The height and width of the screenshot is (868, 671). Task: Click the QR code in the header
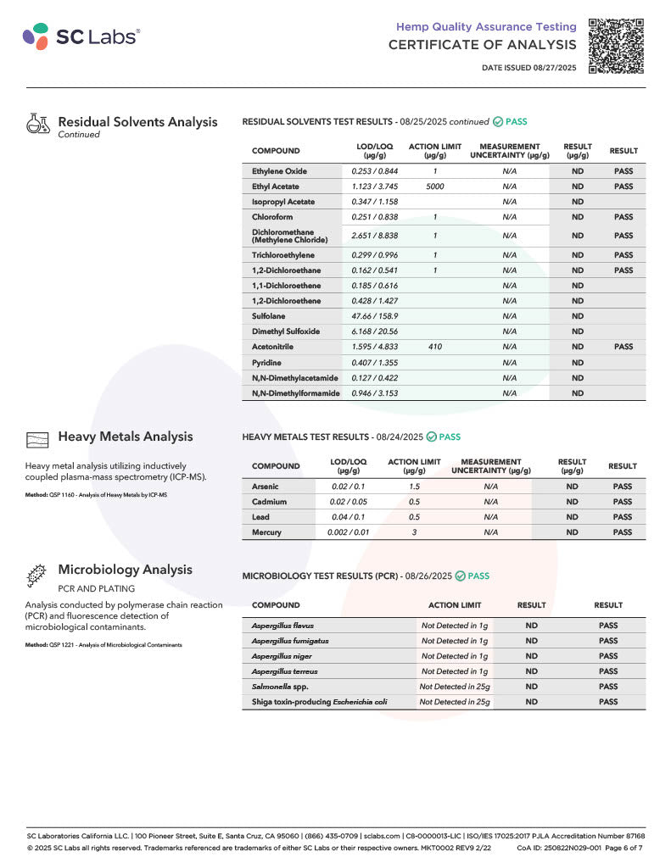click(x=616, y=44)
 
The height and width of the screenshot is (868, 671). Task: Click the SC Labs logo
click(x=81, y=36)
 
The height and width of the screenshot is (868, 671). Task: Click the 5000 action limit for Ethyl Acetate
click(x=434, y=186)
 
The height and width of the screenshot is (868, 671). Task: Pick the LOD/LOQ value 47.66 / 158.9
click(x=375, y=316)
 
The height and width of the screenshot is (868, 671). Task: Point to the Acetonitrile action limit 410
click(x=434, y=347)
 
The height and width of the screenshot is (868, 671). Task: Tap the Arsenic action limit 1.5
click(x=414, y=487)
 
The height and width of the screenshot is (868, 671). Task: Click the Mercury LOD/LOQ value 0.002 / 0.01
click(x=348, y=532)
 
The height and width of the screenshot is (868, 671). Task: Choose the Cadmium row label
click(x=270, y=502)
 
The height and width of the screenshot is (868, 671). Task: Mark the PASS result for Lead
click(x=622, y=517)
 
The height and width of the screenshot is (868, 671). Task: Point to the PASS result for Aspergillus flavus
click(x=608, y=626)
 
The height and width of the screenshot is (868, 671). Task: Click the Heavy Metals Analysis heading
click(x=125, y=437)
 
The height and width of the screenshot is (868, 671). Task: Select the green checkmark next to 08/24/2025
click(x=431, y=437)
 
